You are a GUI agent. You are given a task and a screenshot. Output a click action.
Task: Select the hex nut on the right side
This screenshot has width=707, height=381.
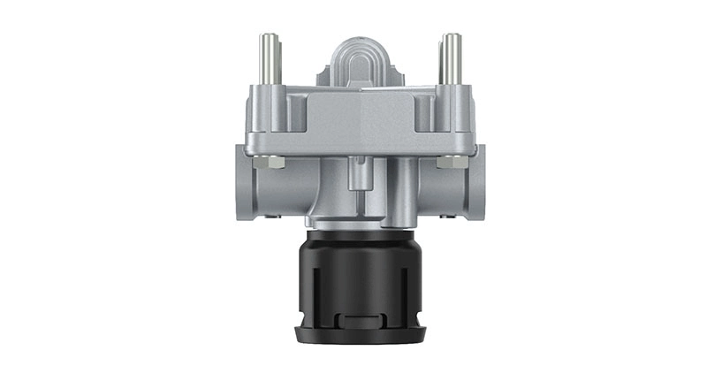click(x=449, y=162)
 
